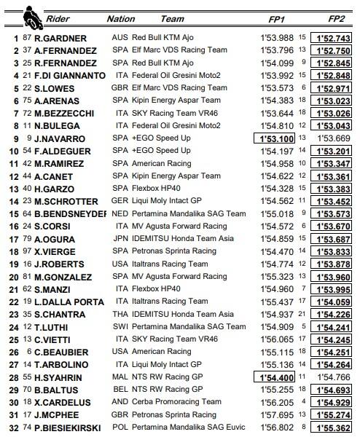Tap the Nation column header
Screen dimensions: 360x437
pyautogui.click(x=120, y=18)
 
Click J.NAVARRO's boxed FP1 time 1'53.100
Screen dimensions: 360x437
pyautogui.click(x=274, y=138)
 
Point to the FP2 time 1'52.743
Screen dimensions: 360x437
pyautogui.click(x=334, y=38)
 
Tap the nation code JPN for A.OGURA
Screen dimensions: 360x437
pyautogui.click(x=121, y=238)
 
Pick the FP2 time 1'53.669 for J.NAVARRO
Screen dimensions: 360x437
pyautogui.click(x=334, y=138)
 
